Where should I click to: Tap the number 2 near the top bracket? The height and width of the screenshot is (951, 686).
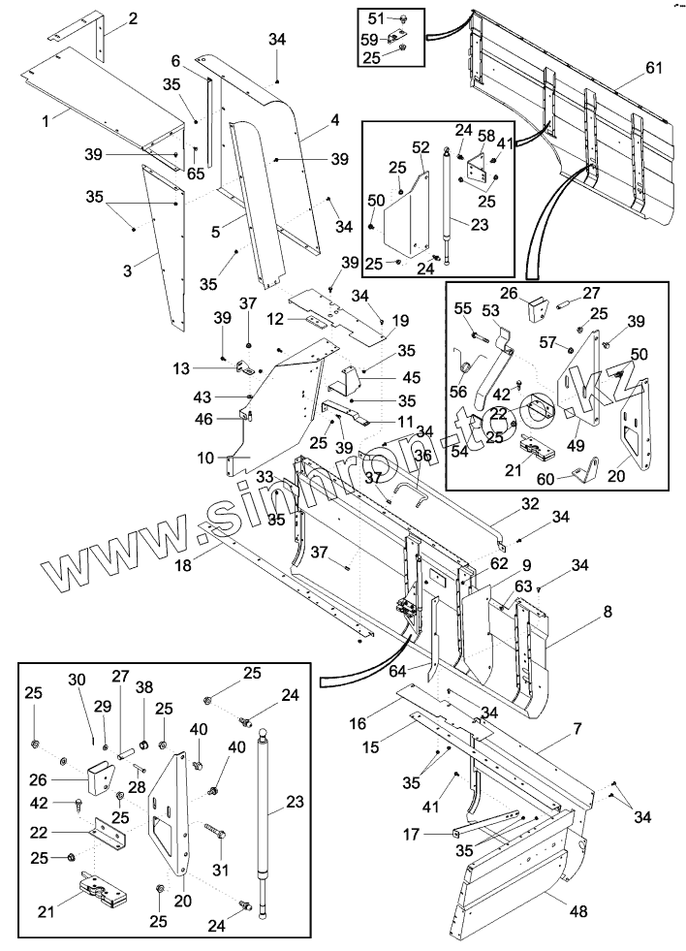[x=132, y=18]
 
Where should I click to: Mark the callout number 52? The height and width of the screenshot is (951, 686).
[x=421, y=147]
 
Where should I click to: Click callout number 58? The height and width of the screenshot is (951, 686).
[x=486, y=135]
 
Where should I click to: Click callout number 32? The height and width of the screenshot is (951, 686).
[x=530, y=503]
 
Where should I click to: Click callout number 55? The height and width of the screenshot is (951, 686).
[x=462, y=307]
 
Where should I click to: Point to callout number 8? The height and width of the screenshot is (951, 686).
[x=608, y=612]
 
